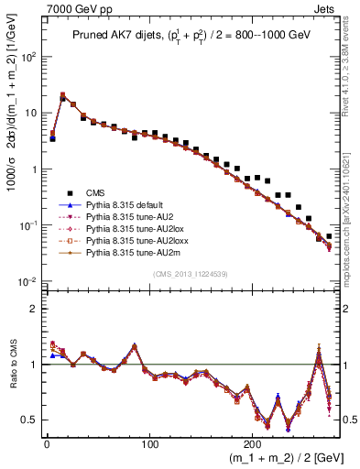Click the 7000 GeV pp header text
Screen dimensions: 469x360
pos(70,8)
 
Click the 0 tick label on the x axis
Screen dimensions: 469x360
pos(46,442)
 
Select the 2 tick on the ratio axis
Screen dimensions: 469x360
pos(35,308)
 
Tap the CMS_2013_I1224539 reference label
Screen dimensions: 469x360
pos(187,272)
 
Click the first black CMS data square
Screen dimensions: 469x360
pos(52,138)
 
